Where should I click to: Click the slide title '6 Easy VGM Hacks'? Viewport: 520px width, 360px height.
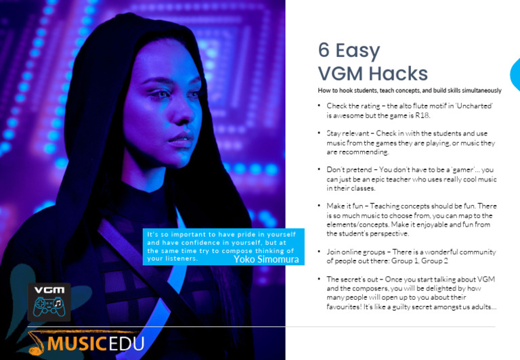373,62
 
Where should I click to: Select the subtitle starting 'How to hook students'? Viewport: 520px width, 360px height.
410,91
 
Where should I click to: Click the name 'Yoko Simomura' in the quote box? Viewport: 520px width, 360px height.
265,259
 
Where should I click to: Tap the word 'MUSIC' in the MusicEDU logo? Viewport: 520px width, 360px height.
74,343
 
